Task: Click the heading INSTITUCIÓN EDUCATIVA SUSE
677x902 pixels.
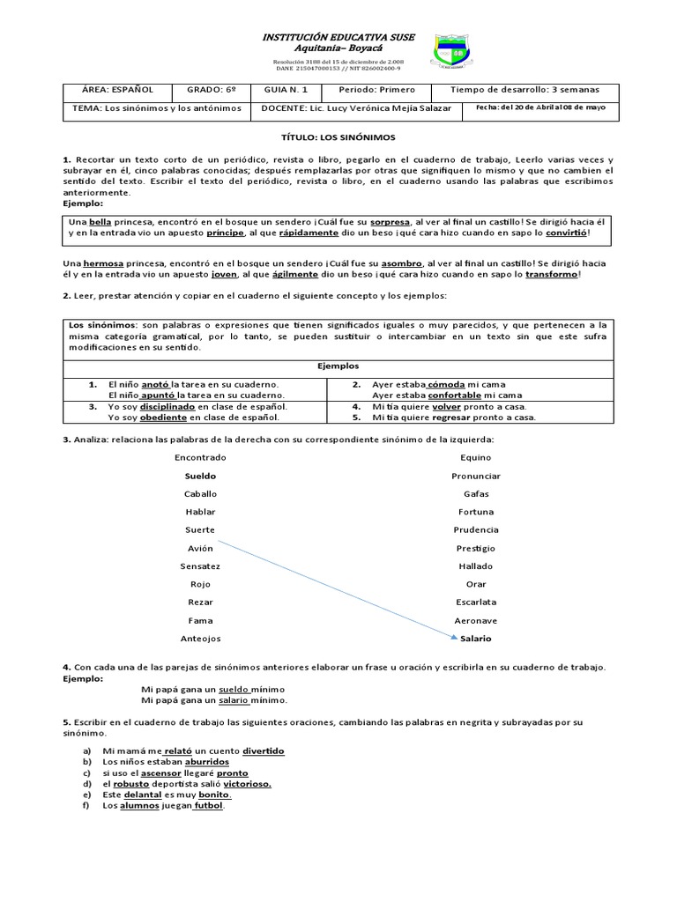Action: point(338,38)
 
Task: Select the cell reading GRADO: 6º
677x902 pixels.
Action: point(212,90)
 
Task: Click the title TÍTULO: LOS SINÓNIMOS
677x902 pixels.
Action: point(338,137)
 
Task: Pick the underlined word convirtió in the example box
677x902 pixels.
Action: point(566,233)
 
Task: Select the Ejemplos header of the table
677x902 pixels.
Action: point(338,366)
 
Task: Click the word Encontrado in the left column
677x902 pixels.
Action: point(200,457)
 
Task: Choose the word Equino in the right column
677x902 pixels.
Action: point(476,457)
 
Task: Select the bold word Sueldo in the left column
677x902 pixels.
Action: point(200,476)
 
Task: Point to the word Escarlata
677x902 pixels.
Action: point(476,603)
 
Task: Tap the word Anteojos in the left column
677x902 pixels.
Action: point(200,639)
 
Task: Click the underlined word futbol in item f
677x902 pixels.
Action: point(209,805)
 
